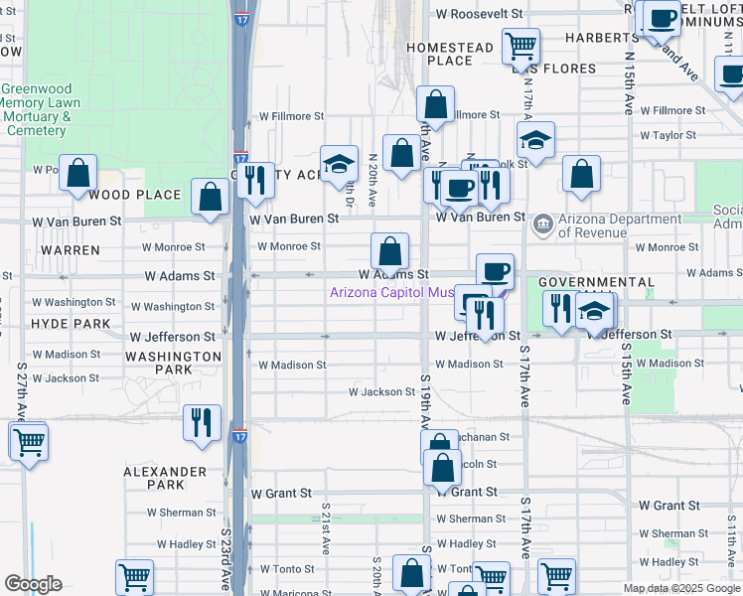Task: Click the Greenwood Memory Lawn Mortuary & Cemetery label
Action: coord(39,109)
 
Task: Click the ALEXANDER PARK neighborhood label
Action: coord(165,478)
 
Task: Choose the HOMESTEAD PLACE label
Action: coord(450,54)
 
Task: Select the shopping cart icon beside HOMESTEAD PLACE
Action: coord(520,44)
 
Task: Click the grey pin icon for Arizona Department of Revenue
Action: coord(543,222)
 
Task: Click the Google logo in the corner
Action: coord(33,584)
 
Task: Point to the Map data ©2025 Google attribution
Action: coord(681,588)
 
